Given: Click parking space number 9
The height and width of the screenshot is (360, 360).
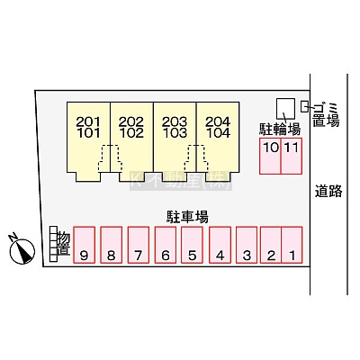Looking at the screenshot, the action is point(85,245).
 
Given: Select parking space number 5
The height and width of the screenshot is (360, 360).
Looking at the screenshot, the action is point(192,245).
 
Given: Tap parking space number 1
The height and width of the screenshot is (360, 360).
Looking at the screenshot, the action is point(292,245).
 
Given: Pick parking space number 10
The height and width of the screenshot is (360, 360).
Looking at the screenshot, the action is point(270,156).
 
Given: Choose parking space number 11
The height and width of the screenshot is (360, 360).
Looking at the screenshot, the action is point(292,156).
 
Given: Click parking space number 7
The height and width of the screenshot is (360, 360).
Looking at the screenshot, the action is point(139,245).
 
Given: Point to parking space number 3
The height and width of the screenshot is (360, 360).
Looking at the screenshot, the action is point(247,245).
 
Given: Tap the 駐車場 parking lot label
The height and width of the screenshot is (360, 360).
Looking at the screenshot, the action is point(187,217).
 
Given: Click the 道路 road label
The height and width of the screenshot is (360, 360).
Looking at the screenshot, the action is point(328,191).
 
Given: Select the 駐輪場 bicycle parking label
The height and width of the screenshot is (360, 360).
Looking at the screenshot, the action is point(280,130).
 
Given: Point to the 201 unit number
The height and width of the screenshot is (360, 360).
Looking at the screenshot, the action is point(88,121).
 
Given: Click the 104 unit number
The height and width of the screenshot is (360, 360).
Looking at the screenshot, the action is point(218,133).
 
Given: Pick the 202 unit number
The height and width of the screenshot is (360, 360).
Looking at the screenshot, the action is point(131,121).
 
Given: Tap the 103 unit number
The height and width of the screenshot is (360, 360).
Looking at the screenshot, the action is point(175,133).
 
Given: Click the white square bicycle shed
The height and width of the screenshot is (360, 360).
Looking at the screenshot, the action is point(285,109).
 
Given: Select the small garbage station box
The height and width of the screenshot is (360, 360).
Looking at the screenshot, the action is point(304,106).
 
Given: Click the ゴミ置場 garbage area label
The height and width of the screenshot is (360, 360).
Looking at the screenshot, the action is point(326,114).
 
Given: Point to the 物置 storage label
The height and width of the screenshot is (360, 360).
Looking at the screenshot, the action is point(64,244).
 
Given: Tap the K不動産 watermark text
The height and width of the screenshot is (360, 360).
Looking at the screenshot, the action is point(181,181).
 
